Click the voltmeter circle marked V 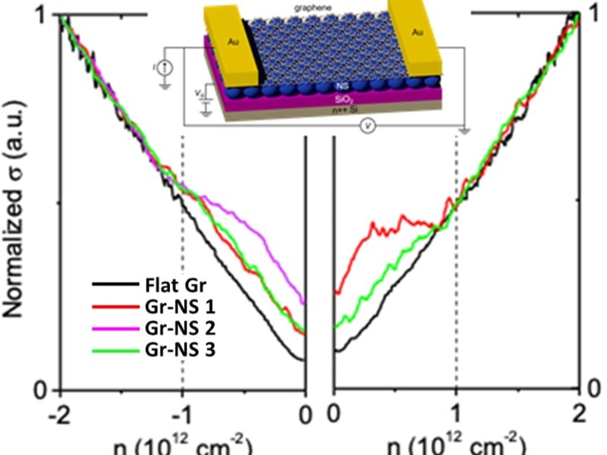368,127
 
